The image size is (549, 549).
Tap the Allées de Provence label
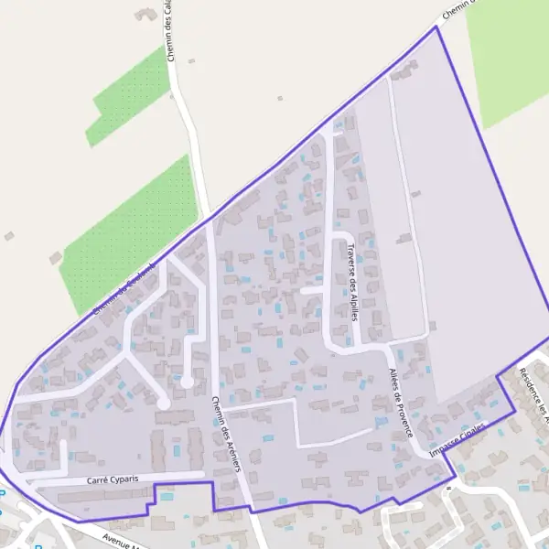click(x=400, y=402)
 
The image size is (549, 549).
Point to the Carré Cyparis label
click(x=112, y=479)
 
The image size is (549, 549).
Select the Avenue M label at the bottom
click(x=124, y=540)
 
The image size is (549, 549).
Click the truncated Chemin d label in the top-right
click(x=457, y=10)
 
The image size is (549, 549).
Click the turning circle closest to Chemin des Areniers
click(x=187, y=381)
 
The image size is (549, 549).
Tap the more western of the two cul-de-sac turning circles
click(x=163, y=402)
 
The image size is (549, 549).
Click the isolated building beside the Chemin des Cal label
click(x=145, y=16)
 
